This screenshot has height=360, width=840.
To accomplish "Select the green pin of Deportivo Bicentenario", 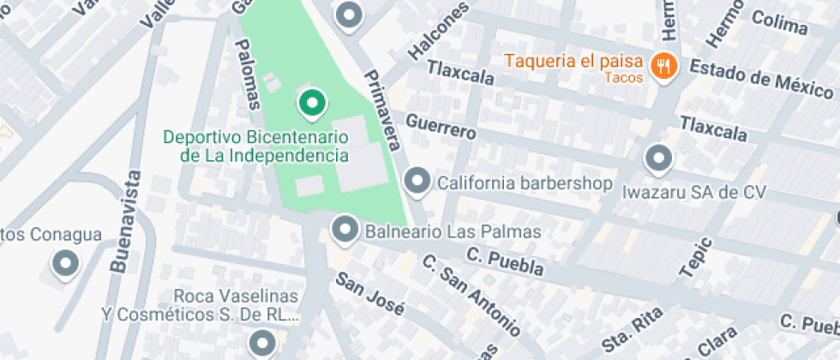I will (312, 105).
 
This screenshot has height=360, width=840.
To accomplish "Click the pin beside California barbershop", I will (417, 181).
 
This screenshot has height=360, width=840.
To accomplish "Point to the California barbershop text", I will (525, 183).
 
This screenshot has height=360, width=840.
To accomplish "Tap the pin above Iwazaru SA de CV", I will (658, 158).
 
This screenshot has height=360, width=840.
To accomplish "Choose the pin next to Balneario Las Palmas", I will (345, 229).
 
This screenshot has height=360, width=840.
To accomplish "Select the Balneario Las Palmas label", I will (453, 231).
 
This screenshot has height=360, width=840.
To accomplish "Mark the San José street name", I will (369, 294).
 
